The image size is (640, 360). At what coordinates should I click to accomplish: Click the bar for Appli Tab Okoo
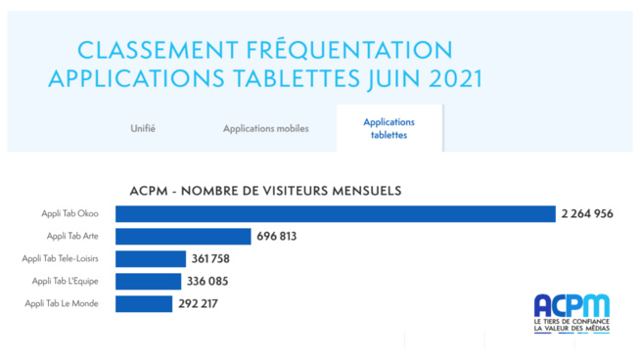coord(335,213)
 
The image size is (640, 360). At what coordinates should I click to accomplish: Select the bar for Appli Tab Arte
coord(183,236)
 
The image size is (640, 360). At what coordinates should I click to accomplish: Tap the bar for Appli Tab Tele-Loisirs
coord(151,258)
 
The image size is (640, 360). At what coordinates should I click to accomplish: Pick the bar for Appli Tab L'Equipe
coord(148,281)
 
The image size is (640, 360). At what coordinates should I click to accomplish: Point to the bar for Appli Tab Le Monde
coord(144,303)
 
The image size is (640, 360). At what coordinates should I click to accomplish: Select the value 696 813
coord(277,236)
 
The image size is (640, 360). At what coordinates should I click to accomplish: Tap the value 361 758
coord(211,258)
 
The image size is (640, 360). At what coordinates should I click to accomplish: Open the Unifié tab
coord(143,128)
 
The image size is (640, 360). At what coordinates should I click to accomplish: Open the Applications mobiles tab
coord(265,128)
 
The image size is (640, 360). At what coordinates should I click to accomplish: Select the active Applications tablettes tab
coord(389,128)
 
